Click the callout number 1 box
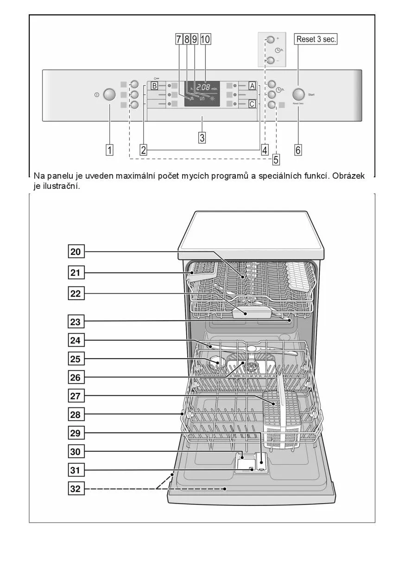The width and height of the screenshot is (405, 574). tap(110, 150)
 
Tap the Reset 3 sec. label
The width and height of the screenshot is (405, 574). tap(316, 39)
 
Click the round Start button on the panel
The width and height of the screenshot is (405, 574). tap(299, 94)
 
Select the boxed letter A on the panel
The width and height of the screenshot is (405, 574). tap(252, 86)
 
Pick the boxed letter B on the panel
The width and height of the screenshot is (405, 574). tap(154, 86)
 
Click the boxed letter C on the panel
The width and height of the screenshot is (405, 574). tap(252, 104)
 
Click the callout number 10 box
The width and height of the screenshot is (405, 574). tap(205, 39)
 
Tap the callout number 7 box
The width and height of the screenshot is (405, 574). tap(179, 39)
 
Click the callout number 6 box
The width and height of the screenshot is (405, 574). tap(298, 150)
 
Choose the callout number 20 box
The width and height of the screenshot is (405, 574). tap(76, 252)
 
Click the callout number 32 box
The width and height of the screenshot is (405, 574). tap(76, 488)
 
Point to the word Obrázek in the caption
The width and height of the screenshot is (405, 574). tap(348, 176)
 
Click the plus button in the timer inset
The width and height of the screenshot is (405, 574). tap(270, 39)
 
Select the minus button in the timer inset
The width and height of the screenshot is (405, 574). tap(270, 60)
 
